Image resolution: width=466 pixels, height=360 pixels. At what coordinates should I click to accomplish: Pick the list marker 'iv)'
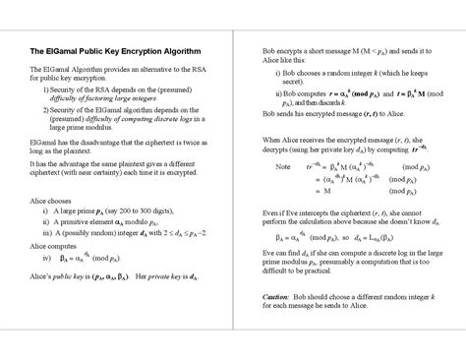point(46,257)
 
